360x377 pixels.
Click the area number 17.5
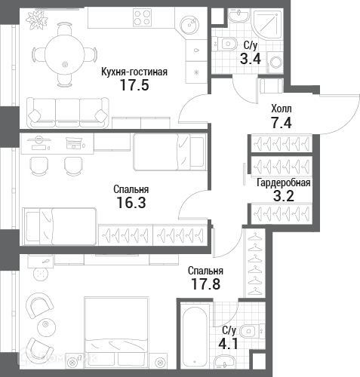click(134, 85)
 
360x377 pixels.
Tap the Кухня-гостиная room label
click(134, 72)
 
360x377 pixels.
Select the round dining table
click(65, 55)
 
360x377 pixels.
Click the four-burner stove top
click(143, 17)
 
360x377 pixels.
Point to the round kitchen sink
click(189, 24)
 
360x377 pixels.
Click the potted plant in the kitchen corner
click(37, 20)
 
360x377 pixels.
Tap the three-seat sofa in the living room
click(68, 112)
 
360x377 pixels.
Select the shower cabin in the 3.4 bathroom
click(267, 24)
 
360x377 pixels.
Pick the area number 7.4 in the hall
click(281, 123)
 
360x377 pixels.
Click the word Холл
click(282, 109)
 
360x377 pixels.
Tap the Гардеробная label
click(284, 183)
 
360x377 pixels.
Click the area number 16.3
click(131, 203)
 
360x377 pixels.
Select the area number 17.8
click(206, 284)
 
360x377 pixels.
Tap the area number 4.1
click(228, 344)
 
